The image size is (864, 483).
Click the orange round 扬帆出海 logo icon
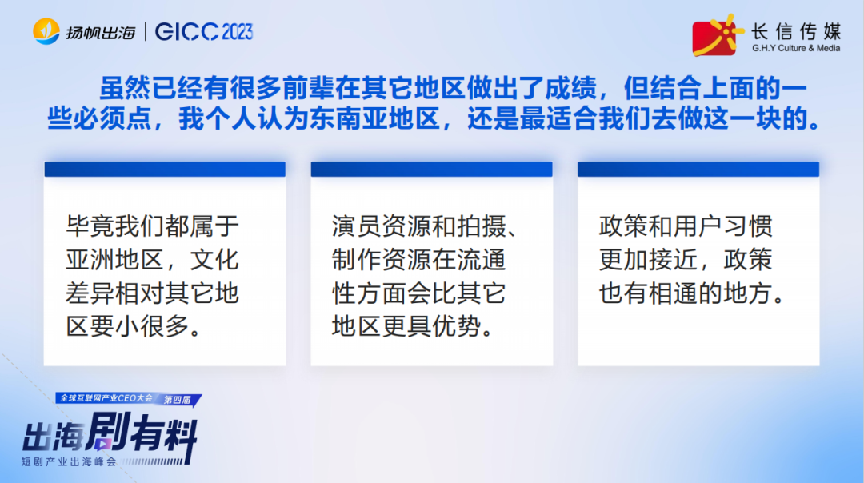[46, 31]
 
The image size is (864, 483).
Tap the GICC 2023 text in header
[204, 31]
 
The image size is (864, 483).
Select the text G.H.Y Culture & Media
[796, 48]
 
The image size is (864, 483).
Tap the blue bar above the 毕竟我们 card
[165, 169]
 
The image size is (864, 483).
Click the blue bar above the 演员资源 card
[431, 169]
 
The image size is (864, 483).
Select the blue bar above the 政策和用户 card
[698, 169]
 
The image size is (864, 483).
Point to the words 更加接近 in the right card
[651, 260]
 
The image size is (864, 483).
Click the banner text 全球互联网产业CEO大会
[106, 397]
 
